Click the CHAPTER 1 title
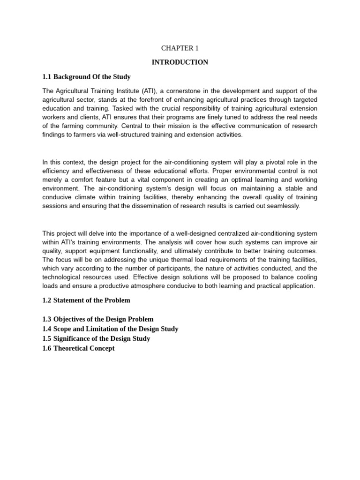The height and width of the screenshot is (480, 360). click(180, 48)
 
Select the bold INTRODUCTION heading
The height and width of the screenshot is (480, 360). click(180, 62)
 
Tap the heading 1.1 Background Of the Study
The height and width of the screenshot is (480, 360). click(86, 77)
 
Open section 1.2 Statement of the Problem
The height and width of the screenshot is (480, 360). click(86, 300)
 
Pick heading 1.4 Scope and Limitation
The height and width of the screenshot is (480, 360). click(110, 329)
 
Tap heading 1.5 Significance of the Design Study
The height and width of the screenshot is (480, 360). click(96, 338)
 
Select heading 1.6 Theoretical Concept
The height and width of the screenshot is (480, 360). click(78, 348)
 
